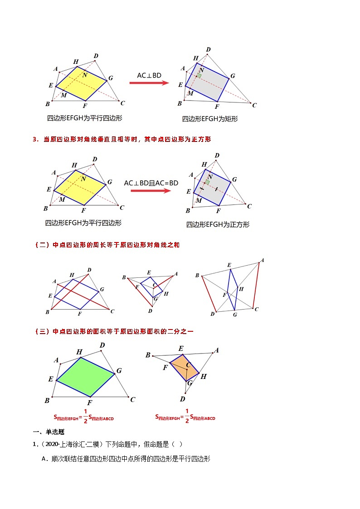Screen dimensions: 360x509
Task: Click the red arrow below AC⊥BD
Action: point(149,83)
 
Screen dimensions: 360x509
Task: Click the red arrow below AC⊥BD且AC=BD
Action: point(151,191)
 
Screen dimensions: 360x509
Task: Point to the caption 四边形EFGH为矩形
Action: point(210,119)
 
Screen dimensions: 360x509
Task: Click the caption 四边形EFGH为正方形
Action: point(218,224)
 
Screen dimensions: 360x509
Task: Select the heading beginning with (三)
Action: point(114,331)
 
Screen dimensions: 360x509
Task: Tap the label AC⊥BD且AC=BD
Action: point(151,183)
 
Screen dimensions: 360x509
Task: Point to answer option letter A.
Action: point(44,459)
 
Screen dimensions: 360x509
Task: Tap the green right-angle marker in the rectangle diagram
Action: point(199,76)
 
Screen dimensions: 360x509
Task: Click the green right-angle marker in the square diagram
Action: point(207,182)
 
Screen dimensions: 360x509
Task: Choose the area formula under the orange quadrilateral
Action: point(185,417)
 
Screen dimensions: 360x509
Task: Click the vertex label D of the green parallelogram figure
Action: point(102,346)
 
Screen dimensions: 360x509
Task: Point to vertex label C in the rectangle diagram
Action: point(254,106)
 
